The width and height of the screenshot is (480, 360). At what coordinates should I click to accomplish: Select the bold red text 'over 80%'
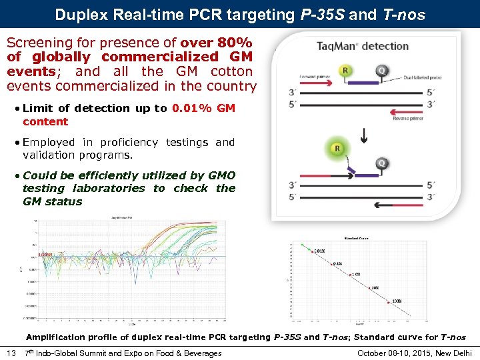[x=223, y=41]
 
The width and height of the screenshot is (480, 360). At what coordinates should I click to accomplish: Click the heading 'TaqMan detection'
[x=364, y=46]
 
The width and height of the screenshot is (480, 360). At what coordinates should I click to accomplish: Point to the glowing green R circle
[x=337, y=149]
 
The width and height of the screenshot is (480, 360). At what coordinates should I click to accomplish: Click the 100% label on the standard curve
[x=396, y=301]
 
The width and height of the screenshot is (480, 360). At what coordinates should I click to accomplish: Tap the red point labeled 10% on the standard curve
[x=371, y=288]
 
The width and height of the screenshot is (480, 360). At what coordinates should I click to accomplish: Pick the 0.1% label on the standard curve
[x=337, y=263]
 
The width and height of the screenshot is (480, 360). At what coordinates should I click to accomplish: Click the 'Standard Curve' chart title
[x=356, y=238]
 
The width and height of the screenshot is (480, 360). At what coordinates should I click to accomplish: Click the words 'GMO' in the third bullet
[x=222, y=175]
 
